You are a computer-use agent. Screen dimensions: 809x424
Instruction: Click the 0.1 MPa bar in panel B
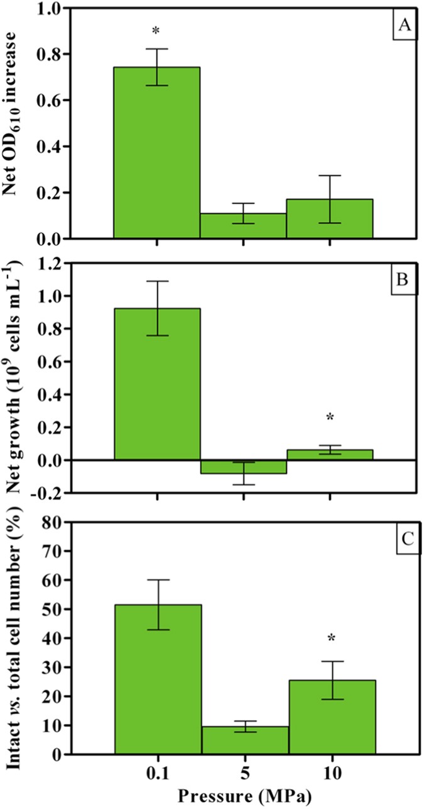tap(156, 384)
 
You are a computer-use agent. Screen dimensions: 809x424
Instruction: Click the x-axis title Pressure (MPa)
tap(243, 797)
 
